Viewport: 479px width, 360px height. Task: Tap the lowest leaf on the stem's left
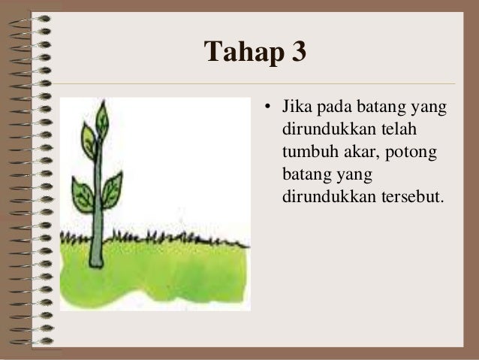pyautogui.click(x=82, y=194)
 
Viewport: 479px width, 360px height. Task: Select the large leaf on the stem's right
pyautogui.click(x=112, y=189)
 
